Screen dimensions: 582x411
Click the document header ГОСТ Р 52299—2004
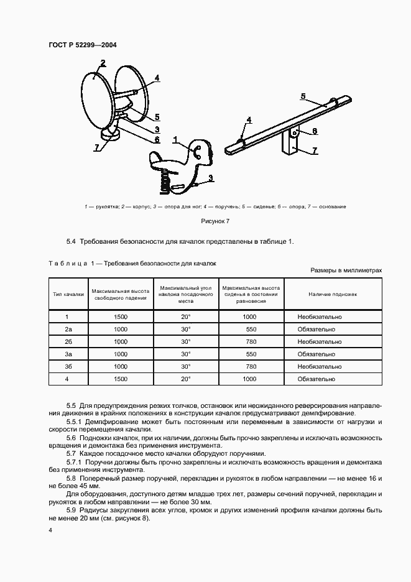click(x=82, y=45)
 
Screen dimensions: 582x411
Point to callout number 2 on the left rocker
click(x=103, y=62)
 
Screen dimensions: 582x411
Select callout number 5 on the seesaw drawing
click(x=303, y=96)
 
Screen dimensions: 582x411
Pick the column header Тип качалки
click(x=68, y=293)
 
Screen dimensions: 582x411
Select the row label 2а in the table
click(x=68, y=330)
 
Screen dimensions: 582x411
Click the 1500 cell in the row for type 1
click(x=121, y=317)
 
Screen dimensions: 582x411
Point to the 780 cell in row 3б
click(x=250, y=367)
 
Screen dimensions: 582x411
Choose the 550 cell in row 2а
click(x=250, y=330)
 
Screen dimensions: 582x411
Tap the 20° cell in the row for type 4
click(x=185, y=379)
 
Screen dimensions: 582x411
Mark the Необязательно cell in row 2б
click(x=320, y=342)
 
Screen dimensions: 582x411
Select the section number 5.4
click(x=71, y=241)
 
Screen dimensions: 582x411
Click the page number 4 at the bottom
click(x=50, y=531)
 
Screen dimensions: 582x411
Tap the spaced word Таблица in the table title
click(x=68, y=264)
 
